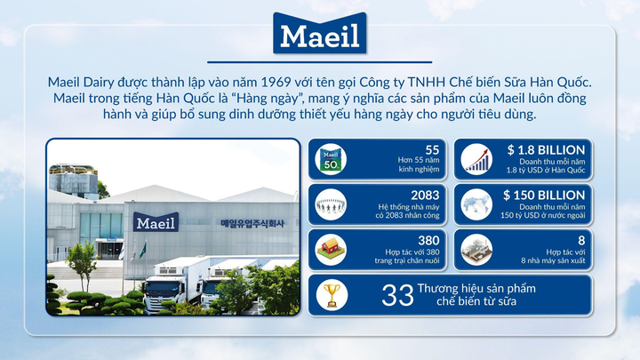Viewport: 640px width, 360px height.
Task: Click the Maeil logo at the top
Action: [320, 36]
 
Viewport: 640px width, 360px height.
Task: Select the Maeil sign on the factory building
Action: [156, 222]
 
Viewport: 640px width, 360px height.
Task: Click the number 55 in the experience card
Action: [433, 150]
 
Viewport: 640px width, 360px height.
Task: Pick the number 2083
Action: [426, 195]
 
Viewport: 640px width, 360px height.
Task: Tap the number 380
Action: [429, 240]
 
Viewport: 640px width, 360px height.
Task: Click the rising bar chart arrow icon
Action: [477, 161]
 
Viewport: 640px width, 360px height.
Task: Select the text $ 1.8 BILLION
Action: [545, 150]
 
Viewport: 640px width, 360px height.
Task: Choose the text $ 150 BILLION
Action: [544, 195]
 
